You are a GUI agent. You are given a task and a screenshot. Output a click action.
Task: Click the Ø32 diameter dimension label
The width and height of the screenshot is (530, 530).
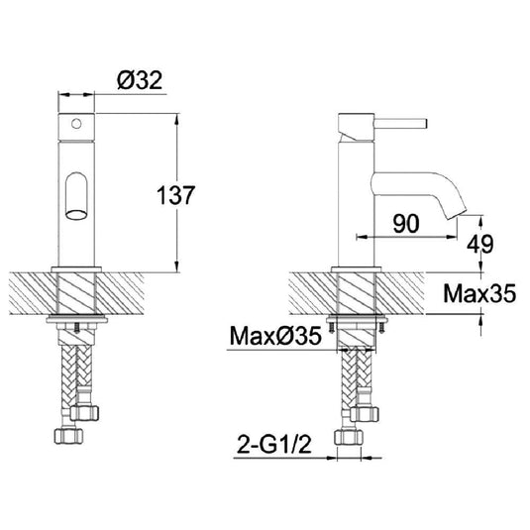pyautogui.click(x=140, y=80)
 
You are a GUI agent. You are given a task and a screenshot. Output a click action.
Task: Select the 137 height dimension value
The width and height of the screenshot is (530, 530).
pyautogui.click(x=175, y=195)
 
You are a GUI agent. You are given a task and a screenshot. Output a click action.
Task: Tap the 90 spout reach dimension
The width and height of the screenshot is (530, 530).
pyautogui.click(x=406, y=224)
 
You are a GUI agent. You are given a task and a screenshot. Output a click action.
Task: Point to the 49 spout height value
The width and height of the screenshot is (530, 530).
pyautogui.click(x=480, y=244)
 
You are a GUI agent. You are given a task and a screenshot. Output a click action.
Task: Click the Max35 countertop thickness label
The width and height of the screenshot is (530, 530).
pyautogui.click(x=479, y=293)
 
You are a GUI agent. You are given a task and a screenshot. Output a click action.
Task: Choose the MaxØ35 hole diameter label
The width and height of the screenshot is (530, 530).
pyautogui.click(x=275, y=336)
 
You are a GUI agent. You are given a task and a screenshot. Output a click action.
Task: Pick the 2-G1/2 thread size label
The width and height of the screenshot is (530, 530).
pyautogui.click(x=273, y=444)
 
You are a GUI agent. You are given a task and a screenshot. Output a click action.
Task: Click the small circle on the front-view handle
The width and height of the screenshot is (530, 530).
pyautogui.click(x=76, y=124)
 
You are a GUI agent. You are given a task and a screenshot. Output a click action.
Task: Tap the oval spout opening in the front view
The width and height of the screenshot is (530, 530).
pyautogui.click(x=76, y=215)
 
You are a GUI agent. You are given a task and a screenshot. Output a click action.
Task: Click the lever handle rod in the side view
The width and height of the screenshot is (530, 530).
pyautogui.click(x=400, y=124)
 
